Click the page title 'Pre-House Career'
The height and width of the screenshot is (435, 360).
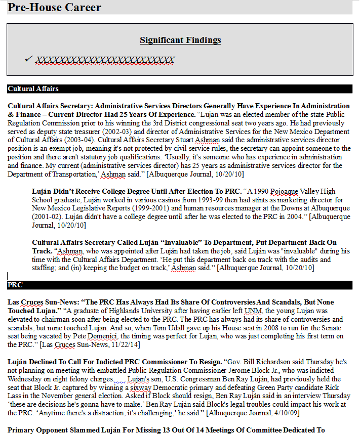point(54,7)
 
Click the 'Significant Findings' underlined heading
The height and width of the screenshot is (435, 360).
point(180,40)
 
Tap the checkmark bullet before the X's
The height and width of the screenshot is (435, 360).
point(28,59)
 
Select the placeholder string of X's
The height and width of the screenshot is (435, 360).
point(105,60)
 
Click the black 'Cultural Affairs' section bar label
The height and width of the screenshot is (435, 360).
point(33,89)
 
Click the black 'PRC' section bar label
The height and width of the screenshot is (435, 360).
point(15,285)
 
